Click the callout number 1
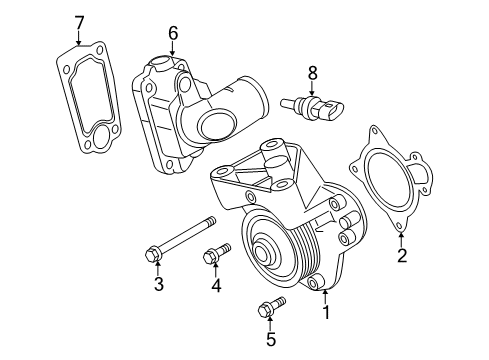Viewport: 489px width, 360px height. [x=325, y=312]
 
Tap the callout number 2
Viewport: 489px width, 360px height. [x=402, y=257]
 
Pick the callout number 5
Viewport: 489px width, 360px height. [x=269, y=340]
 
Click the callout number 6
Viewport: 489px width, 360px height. [x=172, y=33]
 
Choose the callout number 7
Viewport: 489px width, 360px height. [x=80, y=21]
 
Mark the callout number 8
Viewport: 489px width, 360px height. [x=312, y=72]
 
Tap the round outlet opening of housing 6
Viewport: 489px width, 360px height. [x=214, y=125]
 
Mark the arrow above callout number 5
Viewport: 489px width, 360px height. [x=269, y=325]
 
